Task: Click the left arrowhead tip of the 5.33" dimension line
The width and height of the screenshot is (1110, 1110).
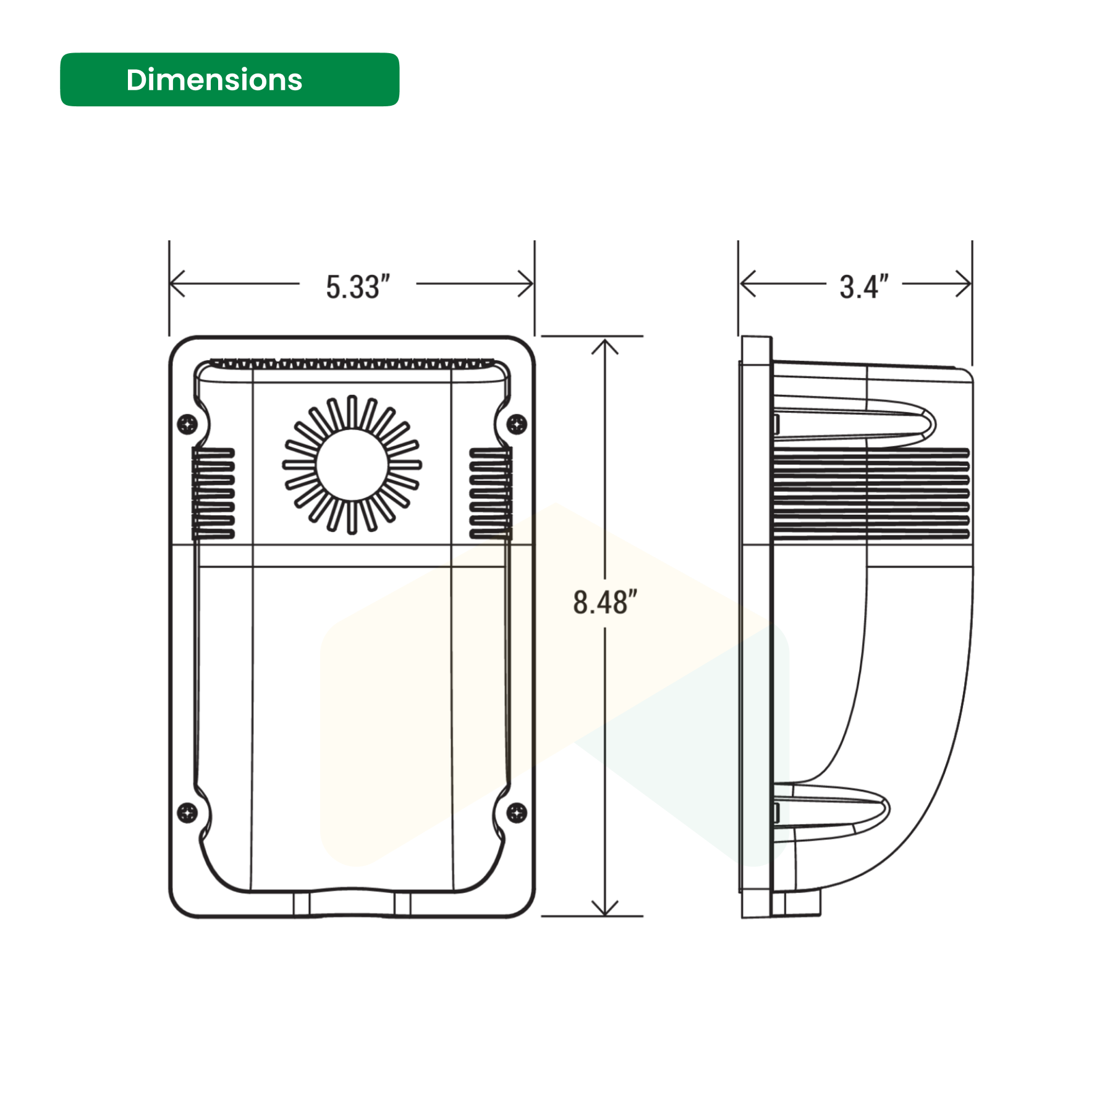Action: [171, 284]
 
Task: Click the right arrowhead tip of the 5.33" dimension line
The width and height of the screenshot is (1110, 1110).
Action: [533, 284]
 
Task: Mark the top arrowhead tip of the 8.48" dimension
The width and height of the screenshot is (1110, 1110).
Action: [604, 339]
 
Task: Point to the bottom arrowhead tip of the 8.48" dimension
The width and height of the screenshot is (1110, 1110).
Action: [604, 915]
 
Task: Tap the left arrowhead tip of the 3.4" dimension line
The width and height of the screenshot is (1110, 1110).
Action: [740, 284]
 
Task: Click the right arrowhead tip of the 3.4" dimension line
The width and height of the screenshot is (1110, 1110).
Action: [971, 284]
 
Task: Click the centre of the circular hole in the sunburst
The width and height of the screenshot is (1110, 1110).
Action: [352, 465]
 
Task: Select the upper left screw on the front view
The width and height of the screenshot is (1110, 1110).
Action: [187, 424]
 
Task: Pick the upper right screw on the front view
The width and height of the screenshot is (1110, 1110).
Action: [517, 424]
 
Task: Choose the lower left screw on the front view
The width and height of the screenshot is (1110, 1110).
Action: [187, 812]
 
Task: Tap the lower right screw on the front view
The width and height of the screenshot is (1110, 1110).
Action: [517, 812]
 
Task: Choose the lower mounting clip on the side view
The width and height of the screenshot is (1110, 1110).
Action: [831, 810]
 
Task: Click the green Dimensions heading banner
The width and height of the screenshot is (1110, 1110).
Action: [229, 80]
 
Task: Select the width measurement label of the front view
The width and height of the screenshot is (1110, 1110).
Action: [358, 287]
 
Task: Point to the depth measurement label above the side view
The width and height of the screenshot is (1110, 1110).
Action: [864, 287]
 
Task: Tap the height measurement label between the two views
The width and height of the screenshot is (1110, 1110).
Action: [604, 603]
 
